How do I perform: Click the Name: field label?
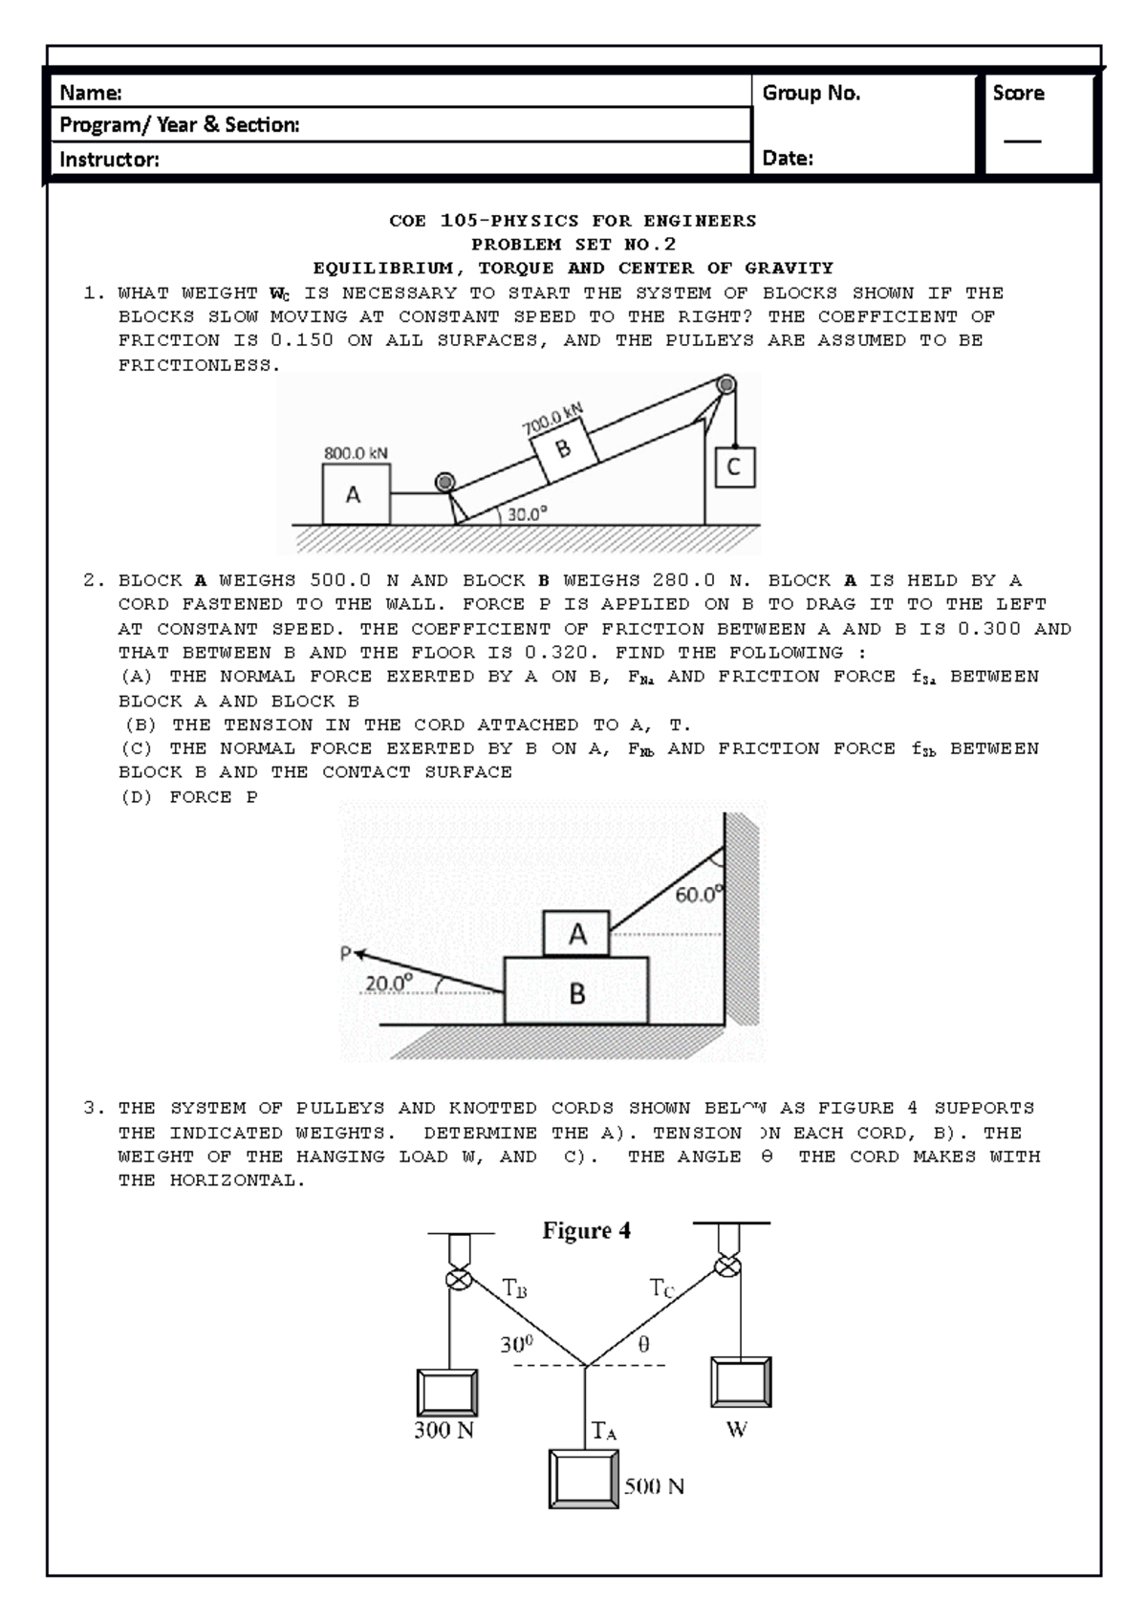coord(91,93)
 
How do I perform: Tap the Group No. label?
coord(811,93)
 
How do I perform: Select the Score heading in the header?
coord(1018,93)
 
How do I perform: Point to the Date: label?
coord(788,159)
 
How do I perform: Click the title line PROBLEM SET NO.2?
coord(573,245)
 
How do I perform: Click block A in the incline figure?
coord(355,494)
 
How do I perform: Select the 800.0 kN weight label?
coord(356,453)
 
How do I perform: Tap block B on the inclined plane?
coord(563,448)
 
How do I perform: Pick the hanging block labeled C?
coord(734,467)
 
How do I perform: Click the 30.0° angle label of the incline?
coord(527,513)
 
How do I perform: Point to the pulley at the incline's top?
coord(726,385)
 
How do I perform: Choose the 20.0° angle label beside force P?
coord(388,983)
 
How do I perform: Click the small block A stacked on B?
coord(576,934)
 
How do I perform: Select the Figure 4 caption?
coord(587,1231)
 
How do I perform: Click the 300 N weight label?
coord(444,1430)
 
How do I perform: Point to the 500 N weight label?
coord(654,1486)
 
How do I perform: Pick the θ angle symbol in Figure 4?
coord(643,1344)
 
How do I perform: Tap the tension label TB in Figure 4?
coord(514,1288)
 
